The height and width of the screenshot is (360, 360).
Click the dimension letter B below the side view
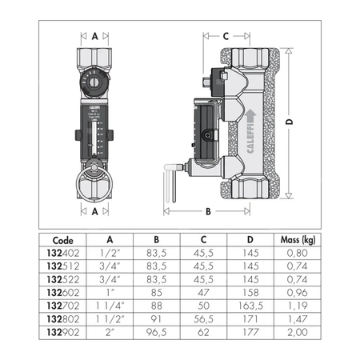(x=207, y=213)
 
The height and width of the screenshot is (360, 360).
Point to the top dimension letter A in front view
(x=95, y=36)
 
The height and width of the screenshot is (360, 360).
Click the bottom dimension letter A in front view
(x=95, y=213)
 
